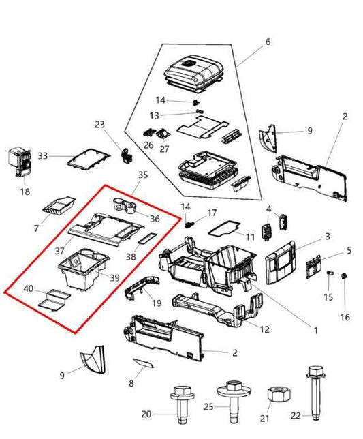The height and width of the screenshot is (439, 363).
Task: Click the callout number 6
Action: point(268,42)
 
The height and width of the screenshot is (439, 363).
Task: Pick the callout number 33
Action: point(42,156)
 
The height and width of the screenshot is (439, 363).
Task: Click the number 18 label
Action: point(25,192)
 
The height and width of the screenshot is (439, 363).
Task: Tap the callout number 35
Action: point(142,175)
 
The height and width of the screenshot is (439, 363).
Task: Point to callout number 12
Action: point(265,330)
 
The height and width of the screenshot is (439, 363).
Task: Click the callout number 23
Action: point(100,125)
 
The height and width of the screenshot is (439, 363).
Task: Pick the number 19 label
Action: point(156,304)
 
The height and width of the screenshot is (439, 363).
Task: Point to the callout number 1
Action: point(315,331)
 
